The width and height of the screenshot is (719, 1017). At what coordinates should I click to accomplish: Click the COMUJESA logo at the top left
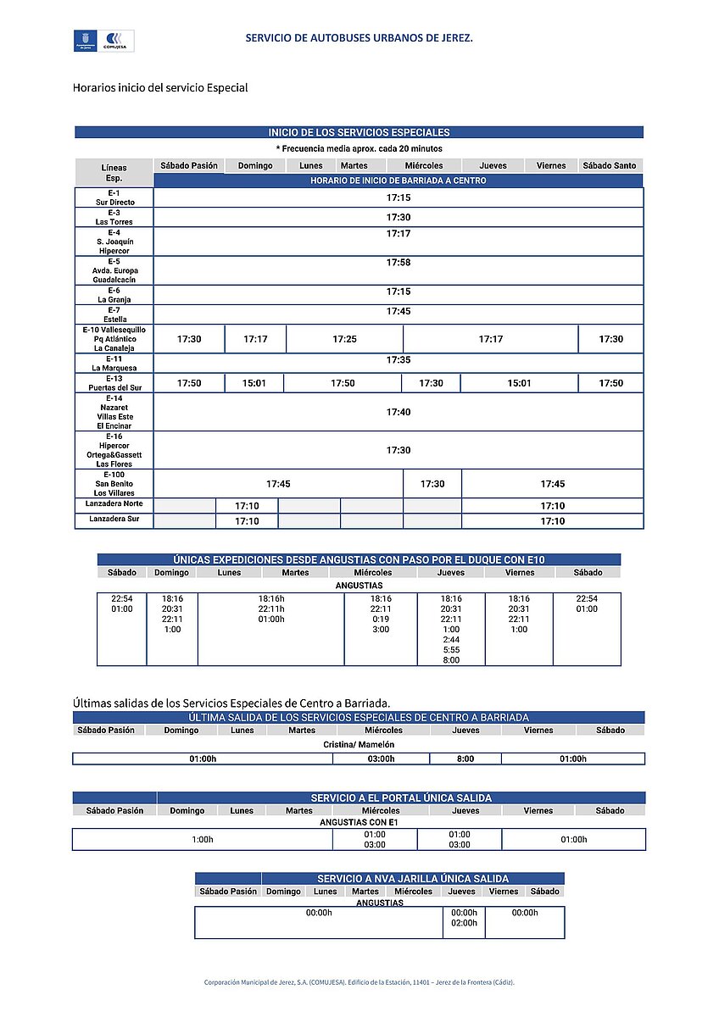pos(117,40)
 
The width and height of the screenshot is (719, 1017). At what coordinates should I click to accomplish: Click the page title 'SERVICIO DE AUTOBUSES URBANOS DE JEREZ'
pos(359,38)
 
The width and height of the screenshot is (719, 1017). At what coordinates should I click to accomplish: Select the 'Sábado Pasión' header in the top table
pos(189,166)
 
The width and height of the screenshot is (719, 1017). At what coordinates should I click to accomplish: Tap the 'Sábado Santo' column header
pos(610,166)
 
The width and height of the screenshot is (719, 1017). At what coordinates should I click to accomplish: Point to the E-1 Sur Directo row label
pos(114,197)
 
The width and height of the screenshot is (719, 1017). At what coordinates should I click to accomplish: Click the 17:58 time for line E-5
pos(399,263)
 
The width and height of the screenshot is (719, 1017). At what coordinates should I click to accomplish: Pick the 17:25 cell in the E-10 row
pos(344,339)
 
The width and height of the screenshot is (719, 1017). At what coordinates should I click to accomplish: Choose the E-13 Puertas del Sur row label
pos(114,383)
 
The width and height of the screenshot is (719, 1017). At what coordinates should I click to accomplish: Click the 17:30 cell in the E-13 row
pos(432,383)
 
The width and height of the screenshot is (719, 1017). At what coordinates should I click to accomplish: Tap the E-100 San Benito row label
pos(114,483)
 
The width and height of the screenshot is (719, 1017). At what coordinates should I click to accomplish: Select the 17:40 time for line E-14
pos(399,412)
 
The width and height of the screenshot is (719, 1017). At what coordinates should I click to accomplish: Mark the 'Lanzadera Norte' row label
pos(114,505)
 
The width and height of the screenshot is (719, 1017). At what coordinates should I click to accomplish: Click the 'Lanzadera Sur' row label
pos(114,519)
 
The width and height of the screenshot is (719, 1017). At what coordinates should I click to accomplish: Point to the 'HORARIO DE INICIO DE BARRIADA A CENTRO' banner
pos(398,181)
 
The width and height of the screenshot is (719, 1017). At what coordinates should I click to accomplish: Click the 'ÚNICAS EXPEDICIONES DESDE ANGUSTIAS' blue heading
pos(359,559)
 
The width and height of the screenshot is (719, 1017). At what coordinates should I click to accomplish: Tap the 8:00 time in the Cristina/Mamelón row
pos(465,759)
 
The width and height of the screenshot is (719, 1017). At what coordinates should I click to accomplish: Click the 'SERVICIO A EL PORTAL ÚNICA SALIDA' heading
pos(401,797)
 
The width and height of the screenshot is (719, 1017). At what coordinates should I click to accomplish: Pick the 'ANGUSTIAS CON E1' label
pos(359,822)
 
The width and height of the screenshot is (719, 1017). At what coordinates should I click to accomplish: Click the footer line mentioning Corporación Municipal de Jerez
pos(359,982)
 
